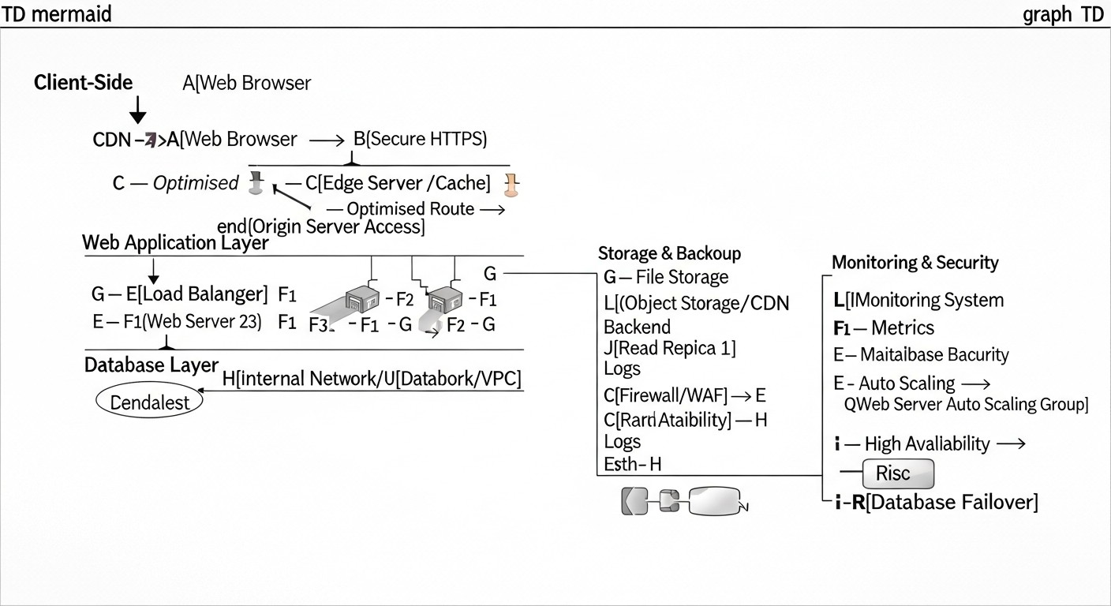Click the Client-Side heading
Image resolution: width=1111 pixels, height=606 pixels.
point(83,82)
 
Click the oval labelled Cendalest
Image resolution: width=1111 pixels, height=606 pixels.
point(149,402)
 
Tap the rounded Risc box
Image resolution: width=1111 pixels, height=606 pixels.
point(899,473)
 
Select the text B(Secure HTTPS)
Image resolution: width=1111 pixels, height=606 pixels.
point(420,140)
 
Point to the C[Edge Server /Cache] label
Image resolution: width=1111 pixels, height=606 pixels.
point(398,183)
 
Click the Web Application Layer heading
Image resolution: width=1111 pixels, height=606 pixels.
point(175,243)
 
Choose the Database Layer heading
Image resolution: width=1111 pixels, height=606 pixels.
point(151,365)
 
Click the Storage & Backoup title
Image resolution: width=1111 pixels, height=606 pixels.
point(669,253)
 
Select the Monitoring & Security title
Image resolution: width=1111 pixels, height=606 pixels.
point(915,263)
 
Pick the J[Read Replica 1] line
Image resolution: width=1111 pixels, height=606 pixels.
point(669,347)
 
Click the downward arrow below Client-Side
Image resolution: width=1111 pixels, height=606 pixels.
point(137,110)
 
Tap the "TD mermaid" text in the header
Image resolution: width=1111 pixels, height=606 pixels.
point(57,13)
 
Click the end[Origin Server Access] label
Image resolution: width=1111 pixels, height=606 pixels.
point(320,227)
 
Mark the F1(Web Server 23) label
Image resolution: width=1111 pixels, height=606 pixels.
point(192,322)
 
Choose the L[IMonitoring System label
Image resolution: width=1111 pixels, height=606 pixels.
point(918,300)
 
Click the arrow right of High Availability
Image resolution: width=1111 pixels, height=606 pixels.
point(1012,443)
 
